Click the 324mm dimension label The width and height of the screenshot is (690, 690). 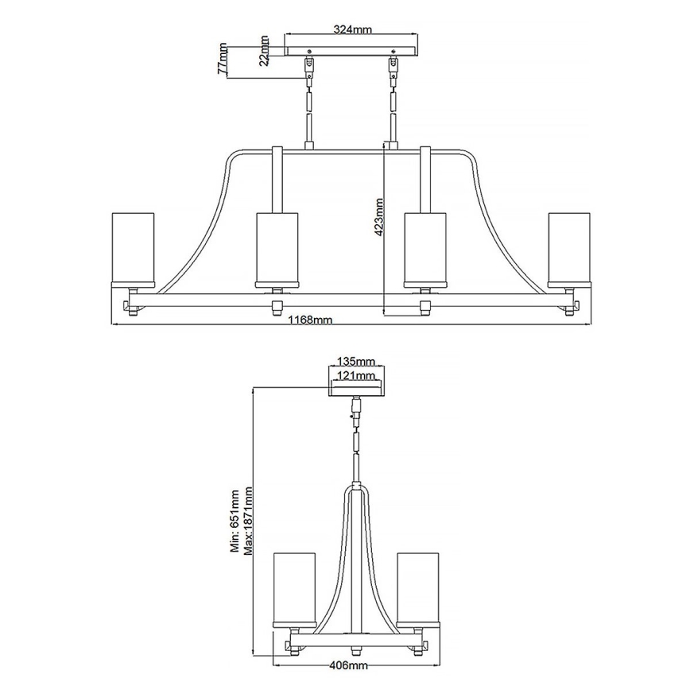coord(352,29)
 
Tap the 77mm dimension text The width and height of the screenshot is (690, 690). coord(223,60)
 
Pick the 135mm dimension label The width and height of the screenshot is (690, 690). coord(355,362)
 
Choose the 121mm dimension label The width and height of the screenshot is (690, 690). coord(355,375)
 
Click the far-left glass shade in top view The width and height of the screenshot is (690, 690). coord(133,247)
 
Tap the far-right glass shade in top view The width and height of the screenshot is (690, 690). coord(569,247)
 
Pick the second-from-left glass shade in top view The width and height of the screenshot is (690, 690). coord(277,248)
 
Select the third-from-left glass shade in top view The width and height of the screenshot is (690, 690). coord(425,248)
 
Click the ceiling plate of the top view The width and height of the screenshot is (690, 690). coord(351,50)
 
